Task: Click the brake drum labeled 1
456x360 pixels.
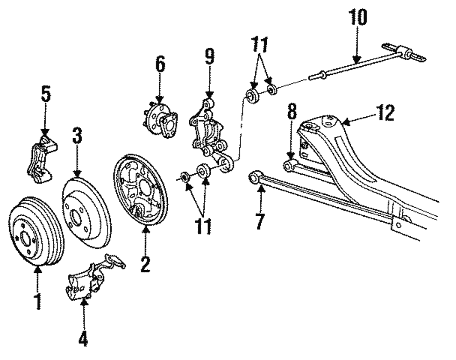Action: [x=36, y=233]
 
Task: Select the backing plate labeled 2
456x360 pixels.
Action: [x=140, y=189]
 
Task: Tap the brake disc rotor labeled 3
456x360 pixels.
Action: [x=86, y=212]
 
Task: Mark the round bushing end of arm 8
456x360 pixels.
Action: [x=288, y=166]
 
